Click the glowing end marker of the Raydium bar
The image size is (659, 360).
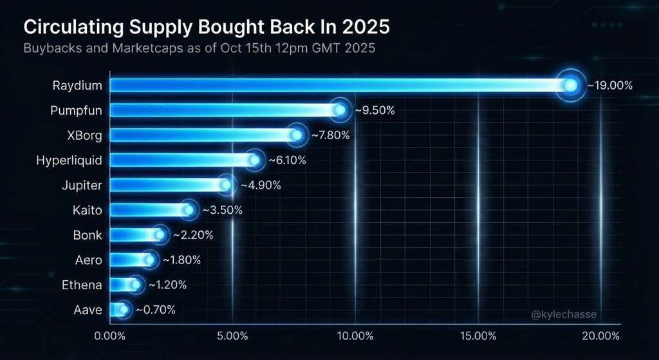click(570, 85)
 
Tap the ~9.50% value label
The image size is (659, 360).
click(375, 110)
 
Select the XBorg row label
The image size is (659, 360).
click(84, 135)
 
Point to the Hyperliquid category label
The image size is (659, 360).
click(69, 160)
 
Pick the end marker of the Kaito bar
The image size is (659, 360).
click(188, 210)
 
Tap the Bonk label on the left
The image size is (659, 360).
click(88, 235)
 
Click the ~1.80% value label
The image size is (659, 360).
click(181, 260)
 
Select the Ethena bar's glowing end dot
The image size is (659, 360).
click(135, 285)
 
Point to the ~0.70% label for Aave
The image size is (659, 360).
click(154, 310)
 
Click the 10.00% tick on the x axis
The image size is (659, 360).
click(355, 336)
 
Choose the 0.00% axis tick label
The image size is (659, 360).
click(110, 336)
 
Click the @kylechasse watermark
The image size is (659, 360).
click(564, 314)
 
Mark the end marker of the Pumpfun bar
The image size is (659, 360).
click(340, 110)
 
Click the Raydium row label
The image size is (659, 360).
click(79, 85)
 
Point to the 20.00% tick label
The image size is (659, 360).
click(600, 336)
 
